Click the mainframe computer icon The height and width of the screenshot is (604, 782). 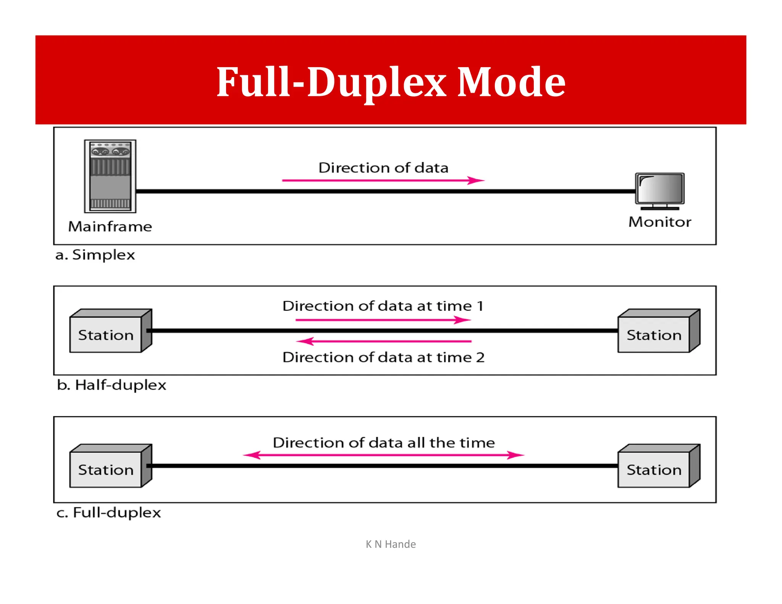(110, 176)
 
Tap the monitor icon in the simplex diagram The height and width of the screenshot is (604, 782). (660, 190)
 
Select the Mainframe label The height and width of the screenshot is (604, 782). (110, 226)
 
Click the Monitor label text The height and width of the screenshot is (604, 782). (660, 222)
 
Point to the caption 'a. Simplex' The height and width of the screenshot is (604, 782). (95, 255)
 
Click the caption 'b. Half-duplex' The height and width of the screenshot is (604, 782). (111, 385)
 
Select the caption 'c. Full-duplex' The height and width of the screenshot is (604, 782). (109, 512)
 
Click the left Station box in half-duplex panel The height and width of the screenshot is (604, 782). (106, 334)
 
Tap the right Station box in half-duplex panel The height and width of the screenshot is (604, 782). (654, 334)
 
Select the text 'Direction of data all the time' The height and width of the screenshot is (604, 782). (384, 443)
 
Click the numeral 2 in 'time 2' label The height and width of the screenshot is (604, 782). (480, 357)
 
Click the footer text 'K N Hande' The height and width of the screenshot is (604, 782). (391, 544)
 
